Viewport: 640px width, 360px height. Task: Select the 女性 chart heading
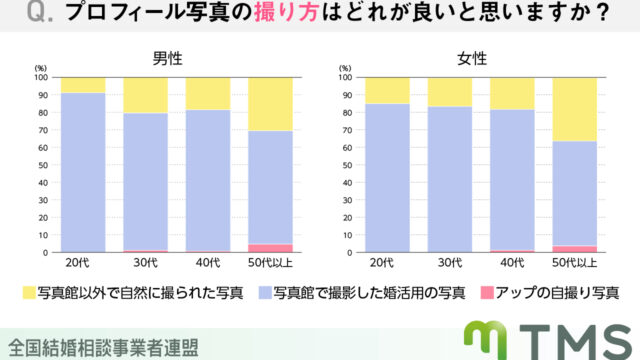tap(473, 59)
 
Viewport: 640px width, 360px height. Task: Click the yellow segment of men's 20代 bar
tap(83, 84)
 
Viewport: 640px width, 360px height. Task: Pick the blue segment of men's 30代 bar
tap(145, 180)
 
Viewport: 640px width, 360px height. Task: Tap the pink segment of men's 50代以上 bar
tap(270, 247)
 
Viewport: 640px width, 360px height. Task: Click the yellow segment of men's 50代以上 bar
tap(270, 104)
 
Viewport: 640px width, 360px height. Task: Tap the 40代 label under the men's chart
tap(208, 263)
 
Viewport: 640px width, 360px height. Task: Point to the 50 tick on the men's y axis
tap(41, 164)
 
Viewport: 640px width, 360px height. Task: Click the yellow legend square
tap(29, 294)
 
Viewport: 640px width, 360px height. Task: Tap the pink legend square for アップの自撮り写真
tap(485, 294)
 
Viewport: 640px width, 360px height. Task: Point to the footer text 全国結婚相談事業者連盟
tap(100, 346)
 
